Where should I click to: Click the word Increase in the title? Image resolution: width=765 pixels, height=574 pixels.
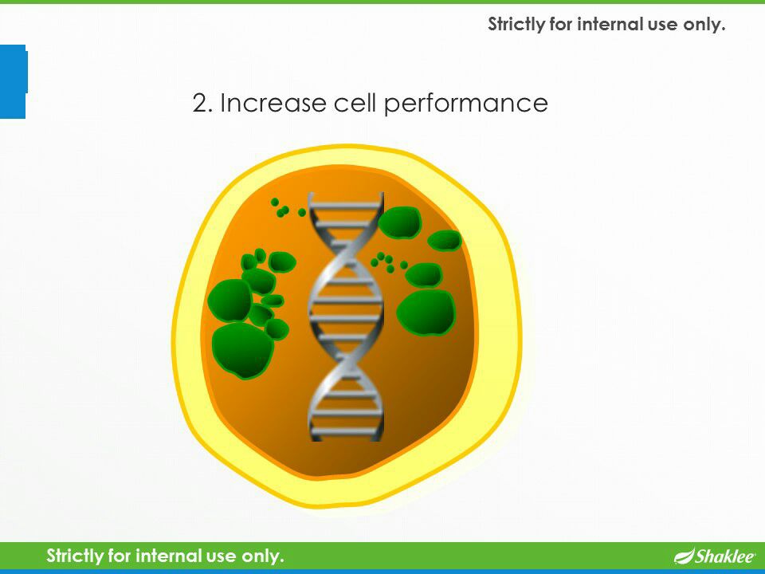pyautogui.click(x=273, y=103)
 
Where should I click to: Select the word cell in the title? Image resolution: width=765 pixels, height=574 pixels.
pyautogui.click(x=355, y=102)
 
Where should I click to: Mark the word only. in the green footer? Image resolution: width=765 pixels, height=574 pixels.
pyautogui.click(x=262, y=556)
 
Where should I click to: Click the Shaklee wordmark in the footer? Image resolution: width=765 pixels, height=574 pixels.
pyautogui.click(x=725, y=556)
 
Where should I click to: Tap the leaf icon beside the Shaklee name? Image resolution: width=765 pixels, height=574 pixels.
pyautogui.click(x=684, y=556)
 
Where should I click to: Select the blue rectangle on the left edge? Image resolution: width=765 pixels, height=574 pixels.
pyautogui.click(x=13, y=81)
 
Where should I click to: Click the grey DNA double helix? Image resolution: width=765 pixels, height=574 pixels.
pyautogui.click(x=345, y=316)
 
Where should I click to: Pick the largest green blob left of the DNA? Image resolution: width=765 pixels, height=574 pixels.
pyautogui.click(x=242, y=350)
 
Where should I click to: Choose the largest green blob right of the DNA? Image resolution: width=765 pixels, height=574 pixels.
pyautogui.click(x=426, y=313)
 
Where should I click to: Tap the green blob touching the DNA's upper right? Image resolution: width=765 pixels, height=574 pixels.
pyautogui.click(x=399, y=222)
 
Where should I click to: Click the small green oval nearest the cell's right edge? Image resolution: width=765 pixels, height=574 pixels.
pyautogui.click(x=445, y=240)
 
